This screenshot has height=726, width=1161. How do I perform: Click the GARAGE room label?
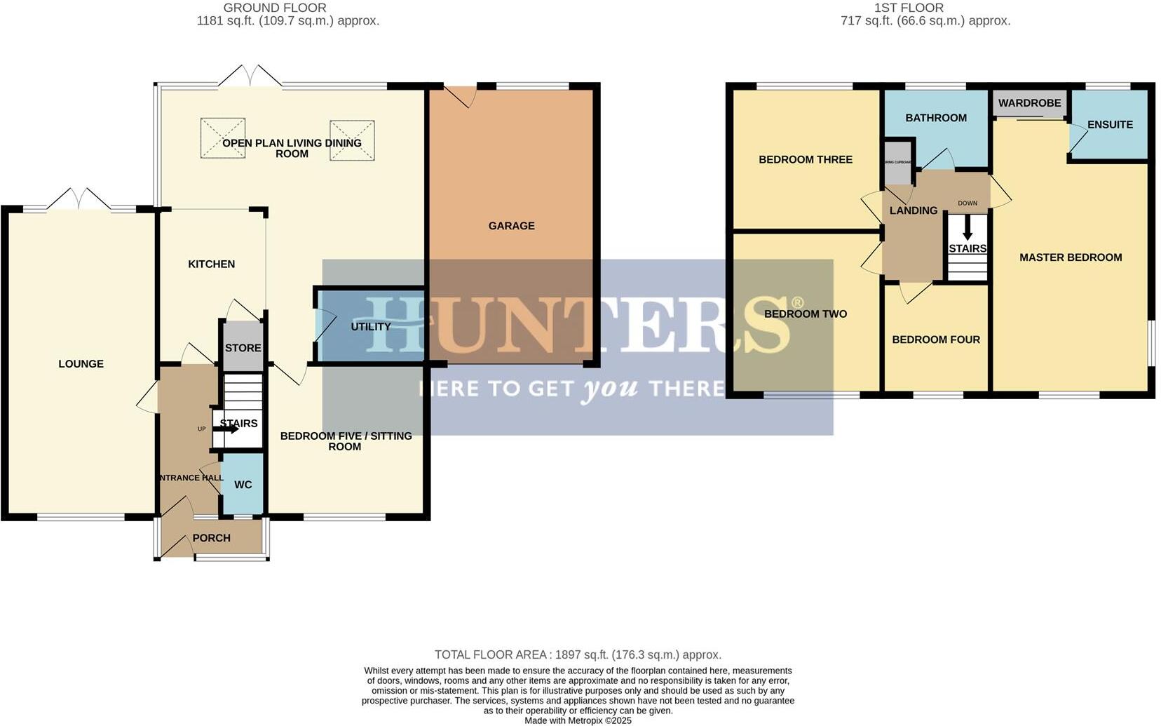(511, 226)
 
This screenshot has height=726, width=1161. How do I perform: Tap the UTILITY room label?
(370, 327)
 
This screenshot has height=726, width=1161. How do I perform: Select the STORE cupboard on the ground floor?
(243, 348)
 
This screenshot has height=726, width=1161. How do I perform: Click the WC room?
(243, 485)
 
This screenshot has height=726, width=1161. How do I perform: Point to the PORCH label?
(211, 538)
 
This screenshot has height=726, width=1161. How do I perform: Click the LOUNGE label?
(81, 364)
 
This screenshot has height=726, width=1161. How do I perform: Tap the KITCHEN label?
(211, 264)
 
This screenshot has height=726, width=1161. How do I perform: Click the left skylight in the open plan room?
(223, 137)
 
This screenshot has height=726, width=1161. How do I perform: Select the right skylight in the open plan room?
(353, 140)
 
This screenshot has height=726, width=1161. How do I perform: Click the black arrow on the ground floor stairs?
(229, 429)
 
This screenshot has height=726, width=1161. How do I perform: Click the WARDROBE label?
(1029, 103)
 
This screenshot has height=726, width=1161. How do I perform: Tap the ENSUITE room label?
(1110, 125)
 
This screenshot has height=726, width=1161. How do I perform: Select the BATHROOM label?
(935, 118)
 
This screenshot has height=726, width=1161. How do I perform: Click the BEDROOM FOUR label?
(935, 340)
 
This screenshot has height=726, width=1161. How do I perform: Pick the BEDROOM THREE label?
(805, 160)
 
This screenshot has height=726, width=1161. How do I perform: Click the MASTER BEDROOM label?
(1070, 257)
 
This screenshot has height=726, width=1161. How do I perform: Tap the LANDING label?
(913, 210)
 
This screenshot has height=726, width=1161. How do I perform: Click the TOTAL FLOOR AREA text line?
(578, 654)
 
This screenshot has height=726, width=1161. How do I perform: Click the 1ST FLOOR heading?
(908, 8)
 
